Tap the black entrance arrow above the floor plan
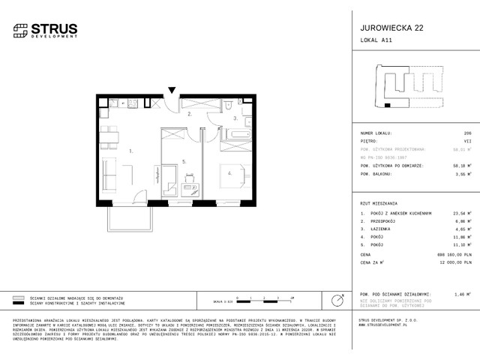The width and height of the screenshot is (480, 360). [172, 91]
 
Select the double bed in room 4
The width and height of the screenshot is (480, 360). [234, 175]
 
